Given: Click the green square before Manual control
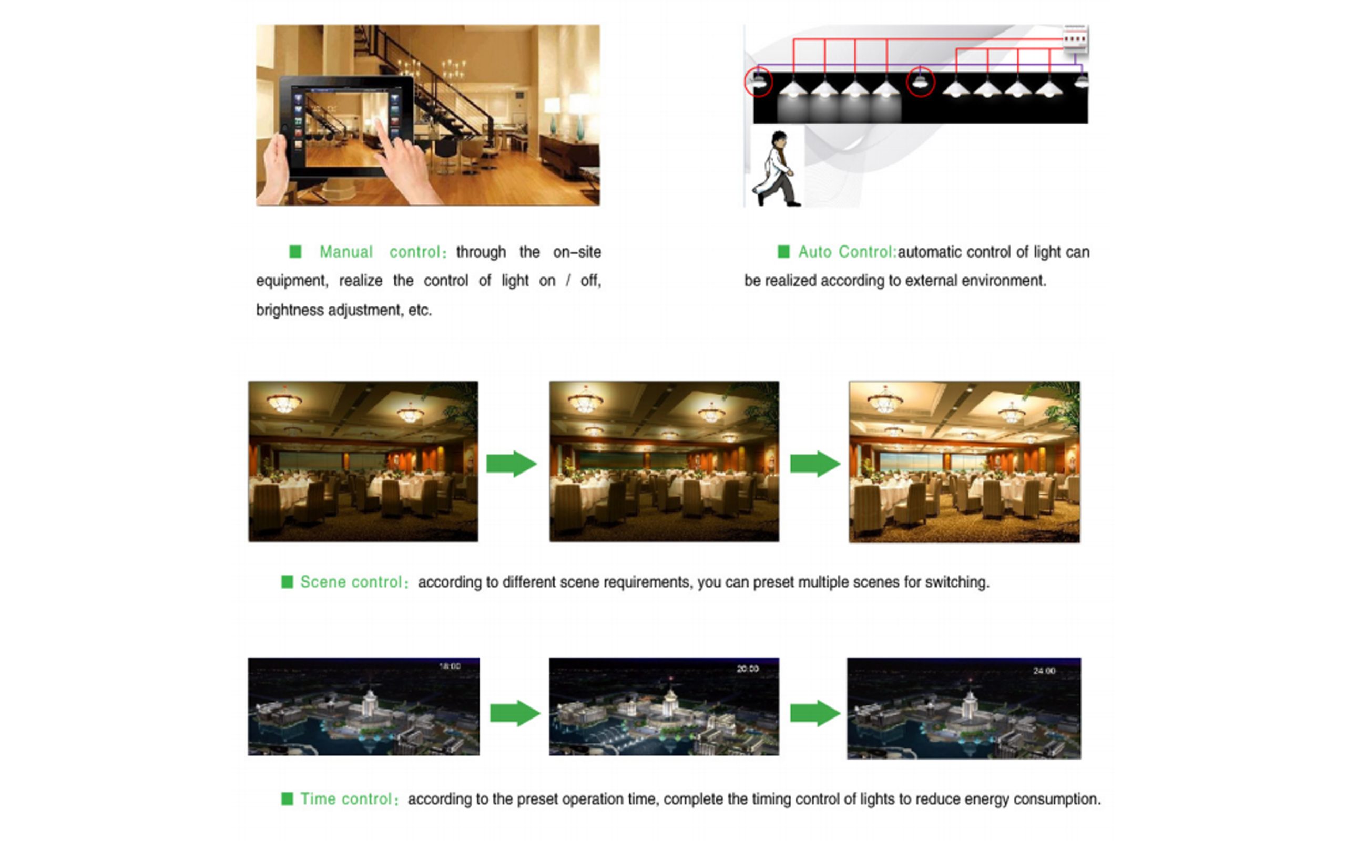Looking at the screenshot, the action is pyautogui.click(x=295, y=252).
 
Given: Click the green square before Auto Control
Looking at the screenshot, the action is pyautogui.click(x=783, y=252).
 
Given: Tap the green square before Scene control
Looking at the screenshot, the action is pyautogui.click(x=287, y=582).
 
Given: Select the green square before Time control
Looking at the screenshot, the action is pyautogui.click(x=287, y=799).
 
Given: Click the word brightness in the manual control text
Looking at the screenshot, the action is pyautogui.click(x=290, y=310).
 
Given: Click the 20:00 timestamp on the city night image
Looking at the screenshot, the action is pyautogui.click(x=748, y=669).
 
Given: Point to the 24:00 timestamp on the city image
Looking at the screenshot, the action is pyautogui.click(x=1044, y=671).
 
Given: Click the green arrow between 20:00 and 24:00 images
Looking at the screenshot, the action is pyautogui.click(x=815, y=713).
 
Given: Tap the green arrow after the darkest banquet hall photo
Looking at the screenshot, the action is pyautogui.click(x=511, y=463).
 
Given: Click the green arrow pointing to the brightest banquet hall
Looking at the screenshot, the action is pyautogui.click(x=815, y=463).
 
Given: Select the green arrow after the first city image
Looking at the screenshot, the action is pyautogui.click(x=515, y=713).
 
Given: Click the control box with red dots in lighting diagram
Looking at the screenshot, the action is pyautogui.click(x=1075, y=39).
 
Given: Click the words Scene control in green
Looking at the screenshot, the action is pyautogui.click(x=351, y=582).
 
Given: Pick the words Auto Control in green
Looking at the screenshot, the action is pyautogui.click(x=846, y=252).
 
